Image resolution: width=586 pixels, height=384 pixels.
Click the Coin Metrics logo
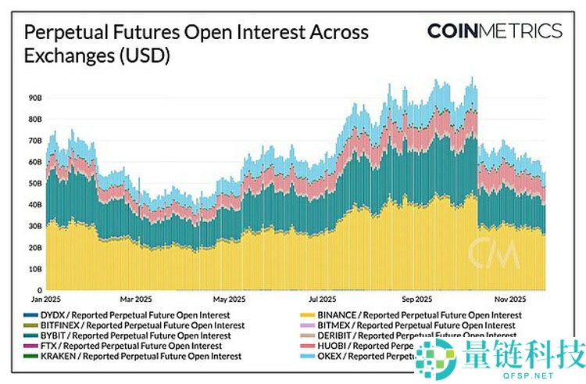pyautogui.click(x=494, y=31)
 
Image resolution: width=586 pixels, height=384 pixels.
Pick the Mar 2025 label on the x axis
pyautogui.click(x=137, y=299)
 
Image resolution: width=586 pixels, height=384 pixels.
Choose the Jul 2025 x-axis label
pyautogui.click(x=323, y=299)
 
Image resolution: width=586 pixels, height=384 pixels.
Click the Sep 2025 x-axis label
pyautogui.click(x=417, y=299)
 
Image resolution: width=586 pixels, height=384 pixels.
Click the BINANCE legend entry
pyautogui.click(x=414, y=315)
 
